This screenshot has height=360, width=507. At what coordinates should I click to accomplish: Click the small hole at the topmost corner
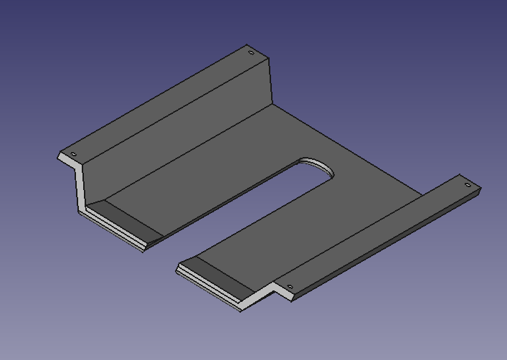pos(250,52)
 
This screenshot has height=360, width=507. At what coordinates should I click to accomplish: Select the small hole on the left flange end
pos(73,155)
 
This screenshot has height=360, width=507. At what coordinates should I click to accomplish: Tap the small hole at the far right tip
pos(468,185)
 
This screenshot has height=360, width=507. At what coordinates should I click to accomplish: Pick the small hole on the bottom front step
pos(290,287)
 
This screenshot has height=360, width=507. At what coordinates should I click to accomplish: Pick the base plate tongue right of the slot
pos(301,229)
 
